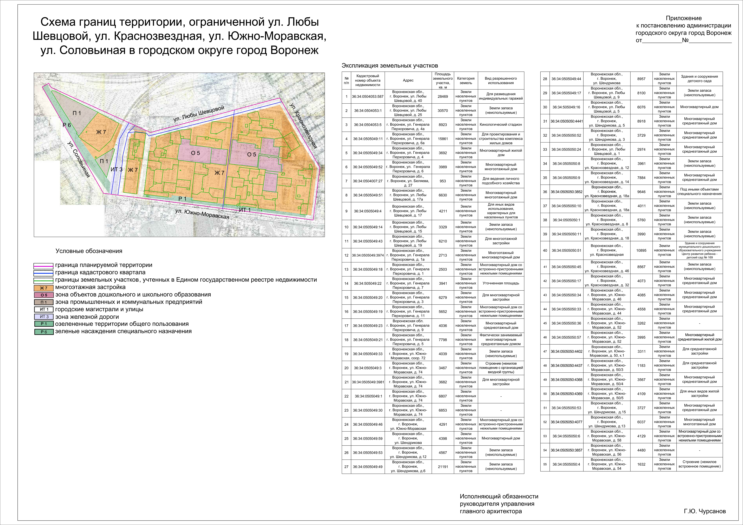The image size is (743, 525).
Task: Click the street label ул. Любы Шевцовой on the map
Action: tap(199, 114)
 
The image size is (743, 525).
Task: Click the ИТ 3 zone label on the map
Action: tap(116, 169)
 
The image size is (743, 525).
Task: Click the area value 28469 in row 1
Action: tap(443, 96)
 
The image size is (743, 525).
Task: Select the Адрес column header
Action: tap(408, 80)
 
